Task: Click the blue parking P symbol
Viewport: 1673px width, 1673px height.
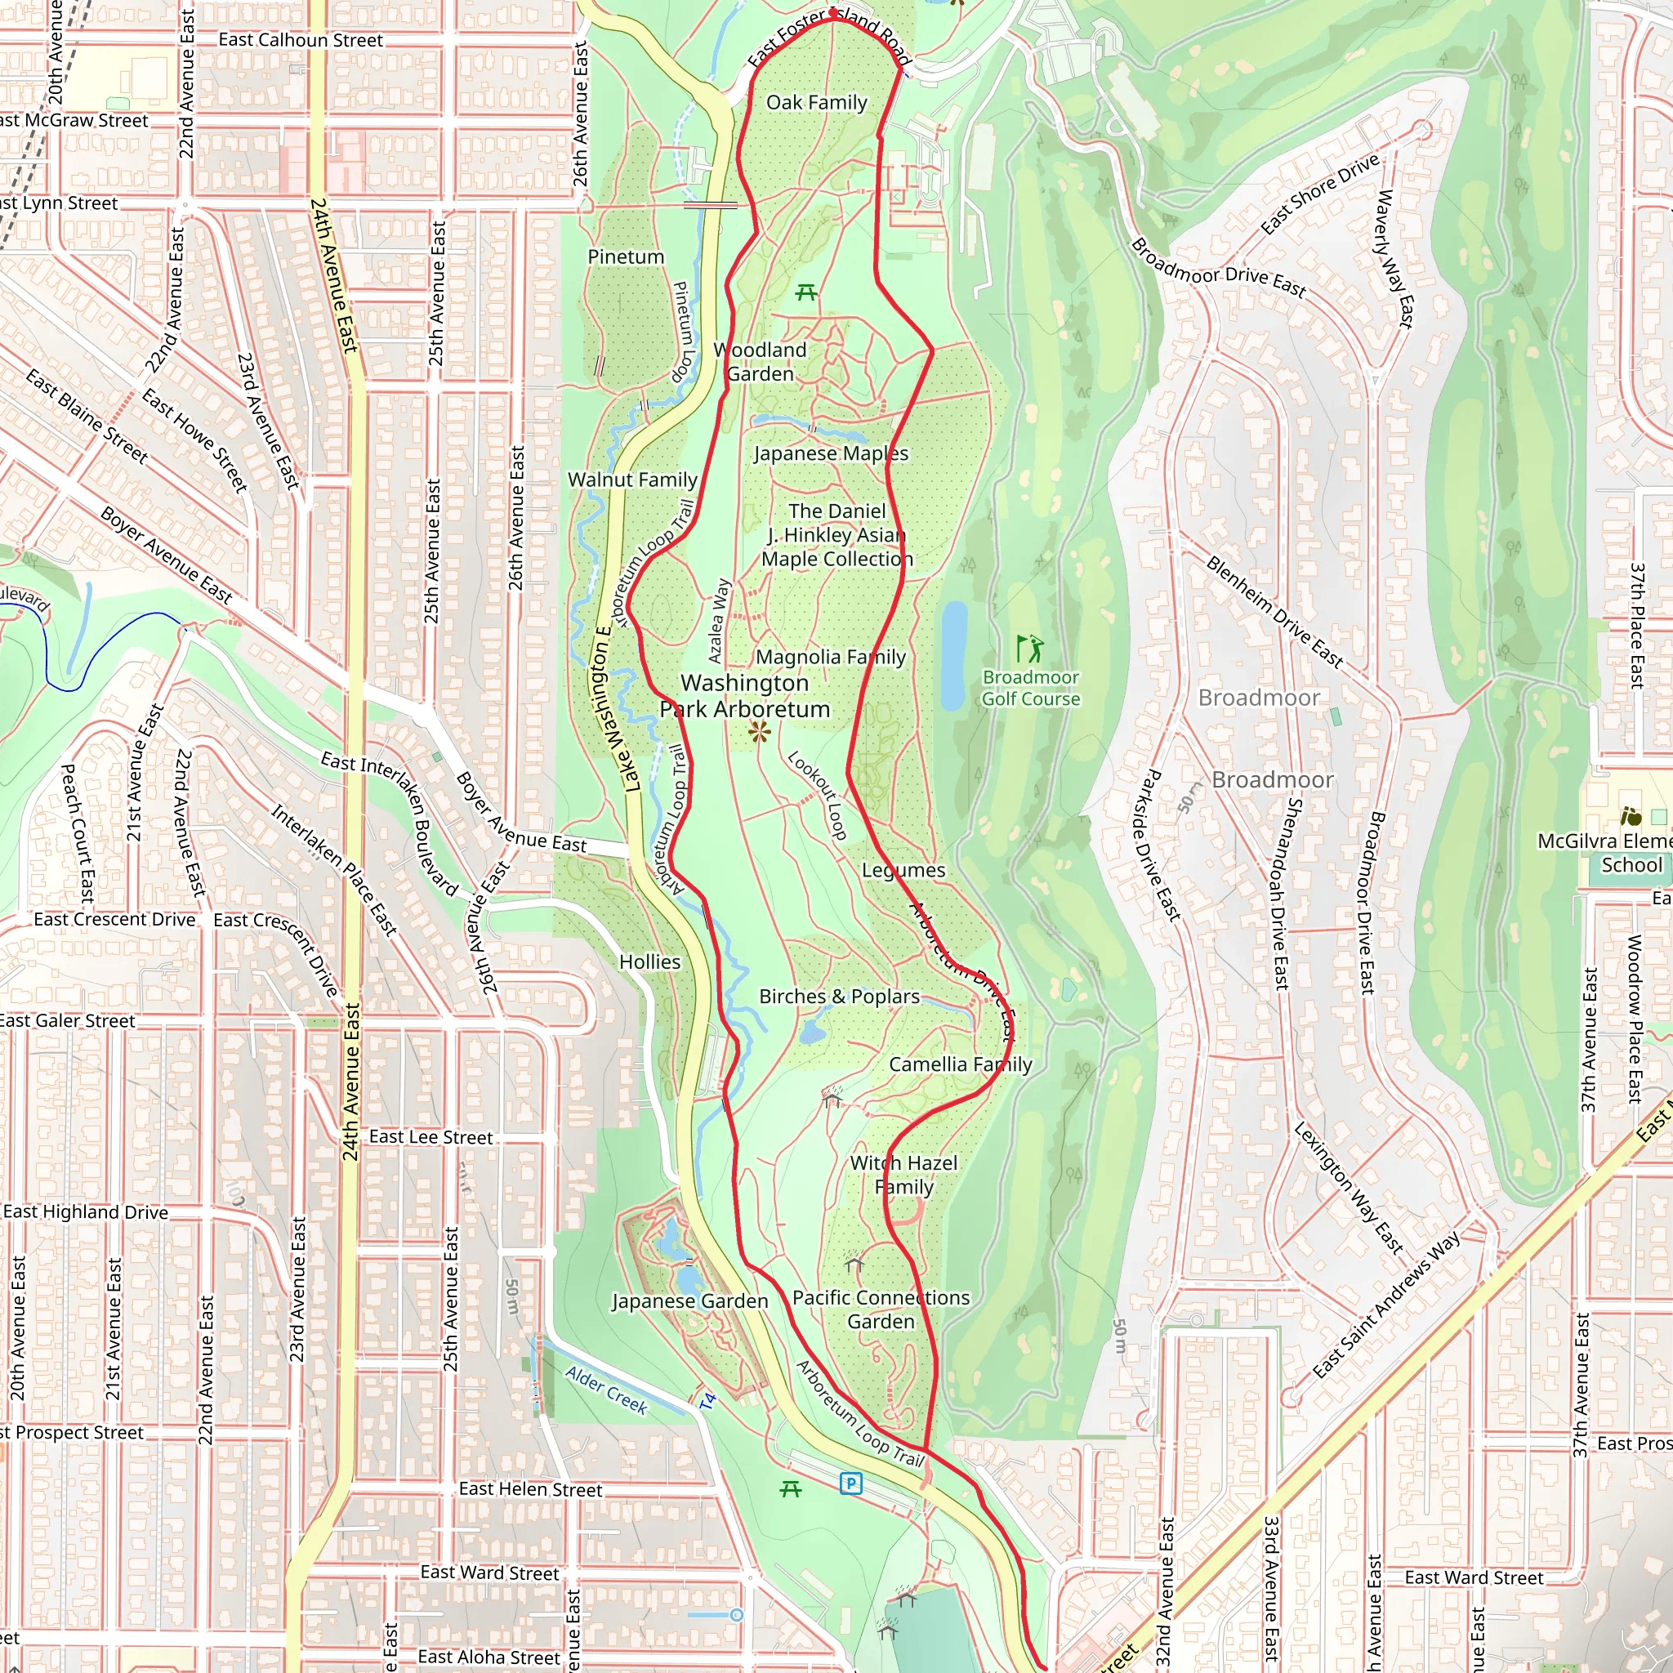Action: pos(851,1484)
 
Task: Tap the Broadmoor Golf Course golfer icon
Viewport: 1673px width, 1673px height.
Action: pos(1029,648)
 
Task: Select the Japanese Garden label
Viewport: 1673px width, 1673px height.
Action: pos(689,1301)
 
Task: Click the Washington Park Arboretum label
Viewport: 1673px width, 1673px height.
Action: pos(745,696)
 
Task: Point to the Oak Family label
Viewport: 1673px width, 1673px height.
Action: pos(817,102)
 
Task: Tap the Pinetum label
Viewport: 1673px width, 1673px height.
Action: pos(626,257)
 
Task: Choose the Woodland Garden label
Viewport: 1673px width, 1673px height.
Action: pos(761,362)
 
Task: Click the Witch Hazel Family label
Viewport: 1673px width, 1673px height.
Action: pos(904,1175)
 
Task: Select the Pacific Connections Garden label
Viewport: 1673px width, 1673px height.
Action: pos(881,1309)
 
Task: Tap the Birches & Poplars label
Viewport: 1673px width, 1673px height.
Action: pos(839,997)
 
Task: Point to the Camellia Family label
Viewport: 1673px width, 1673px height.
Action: pos(961,1064)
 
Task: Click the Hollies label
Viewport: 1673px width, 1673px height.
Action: pos(649,962)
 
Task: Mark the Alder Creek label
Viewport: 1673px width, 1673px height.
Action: pos(606,1390)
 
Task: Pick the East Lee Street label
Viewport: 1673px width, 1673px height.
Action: pos(431,1137)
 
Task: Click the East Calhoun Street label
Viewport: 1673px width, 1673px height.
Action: pos(301,40)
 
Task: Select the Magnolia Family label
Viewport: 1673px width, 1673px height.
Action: pos(831,658)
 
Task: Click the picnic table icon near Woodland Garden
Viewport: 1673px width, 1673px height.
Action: pos(806,292)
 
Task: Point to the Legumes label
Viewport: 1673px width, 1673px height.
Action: pos(903,870)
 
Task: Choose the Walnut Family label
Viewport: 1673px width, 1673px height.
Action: pos(632,480)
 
